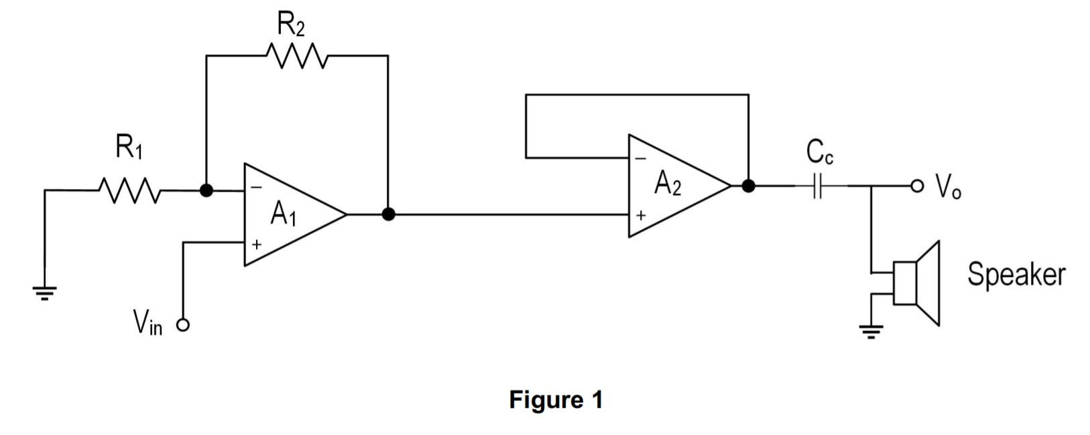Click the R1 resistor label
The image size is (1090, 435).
[129, 147]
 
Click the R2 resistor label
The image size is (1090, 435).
[292, 25]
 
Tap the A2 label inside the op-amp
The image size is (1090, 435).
[668, 183]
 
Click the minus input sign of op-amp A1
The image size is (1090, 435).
[255, 188]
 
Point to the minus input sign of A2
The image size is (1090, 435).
[640, 159]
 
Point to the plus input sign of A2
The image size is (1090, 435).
[640, 216]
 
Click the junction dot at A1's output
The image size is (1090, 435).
[387, 214]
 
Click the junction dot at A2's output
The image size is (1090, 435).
[748, 186]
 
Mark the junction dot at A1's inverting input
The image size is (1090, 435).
[206, 190]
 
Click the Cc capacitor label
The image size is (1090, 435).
[820, 154]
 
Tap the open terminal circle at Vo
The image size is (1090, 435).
[917, 186]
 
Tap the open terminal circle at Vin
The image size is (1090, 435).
[183, 326]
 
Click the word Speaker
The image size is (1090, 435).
[1016, 274]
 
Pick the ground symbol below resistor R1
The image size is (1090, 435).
[45, 292]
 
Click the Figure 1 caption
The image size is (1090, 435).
[556, 400]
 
